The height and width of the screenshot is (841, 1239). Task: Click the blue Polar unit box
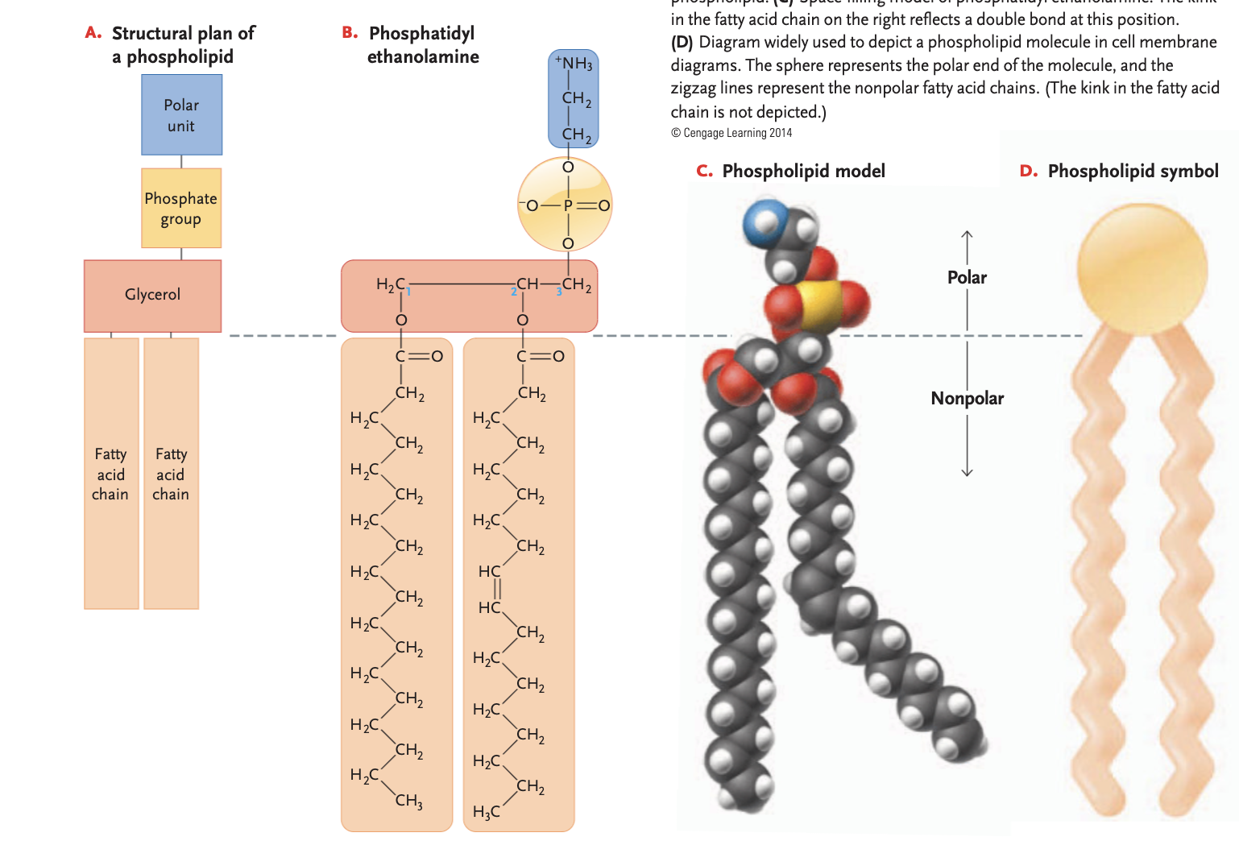(181, 115)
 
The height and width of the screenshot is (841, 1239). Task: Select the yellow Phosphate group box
(181, 208)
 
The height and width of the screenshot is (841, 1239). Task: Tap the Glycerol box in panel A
(152, 295)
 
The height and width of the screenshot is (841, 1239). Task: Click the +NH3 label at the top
(574, 63)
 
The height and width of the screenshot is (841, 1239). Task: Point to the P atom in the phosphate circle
(568, 205)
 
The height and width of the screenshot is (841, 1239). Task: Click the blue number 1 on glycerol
(408, 292)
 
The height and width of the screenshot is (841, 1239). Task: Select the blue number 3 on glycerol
(558, 292)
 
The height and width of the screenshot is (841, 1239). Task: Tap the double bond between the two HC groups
(497, 589)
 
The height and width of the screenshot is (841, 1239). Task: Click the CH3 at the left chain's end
(408, 801)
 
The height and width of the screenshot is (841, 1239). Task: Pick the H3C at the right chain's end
(486, 811)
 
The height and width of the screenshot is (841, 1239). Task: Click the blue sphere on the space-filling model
(762, 223)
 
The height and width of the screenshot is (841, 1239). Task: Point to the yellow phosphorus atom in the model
(820, 305)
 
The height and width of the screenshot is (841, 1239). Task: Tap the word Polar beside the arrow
(967, 277)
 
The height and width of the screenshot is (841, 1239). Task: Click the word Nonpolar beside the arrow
(967, 398)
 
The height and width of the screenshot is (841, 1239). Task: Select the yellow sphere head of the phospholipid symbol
(1142, 268)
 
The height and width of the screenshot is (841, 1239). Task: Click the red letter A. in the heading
(93, 33)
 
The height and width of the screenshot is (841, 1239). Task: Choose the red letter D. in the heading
(1028, 171)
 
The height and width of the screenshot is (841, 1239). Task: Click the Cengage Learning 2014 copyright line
(731, 133)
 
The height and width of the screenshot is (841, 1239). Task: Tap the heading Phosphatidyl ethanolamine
(422, 45)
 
